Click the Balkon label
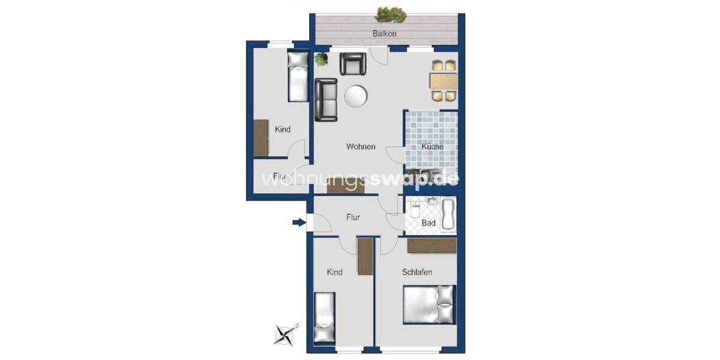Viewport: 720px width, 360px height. (x=384, y=34)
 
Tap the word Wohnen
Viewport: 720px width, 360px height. (x=361, y=146)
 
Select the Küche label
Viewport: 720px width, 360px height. (x=432, y=146)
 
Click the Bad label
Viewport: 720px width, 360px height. (x=428, y=223)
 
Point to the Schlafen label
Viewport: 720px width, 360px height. (x=417, y=272)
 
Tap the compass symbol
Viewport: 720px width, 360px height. (x=286, y=334)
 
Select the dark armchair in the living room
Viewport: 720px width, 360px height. (x=353, y=64)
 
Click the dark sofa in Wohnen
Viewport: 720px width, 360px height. (x=326, y=99)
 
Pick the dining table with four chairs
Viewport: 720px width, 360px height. (x=443, y=80)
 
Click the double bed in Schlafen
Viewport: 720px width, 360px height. (x=428, y=305)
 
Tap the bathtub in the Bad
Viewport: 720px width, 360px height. (x=449, y=215)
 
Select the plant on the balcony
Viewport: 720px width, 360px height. (x=391, y=13)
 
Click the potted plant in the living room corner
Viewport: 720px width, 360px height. (x=322, y=59)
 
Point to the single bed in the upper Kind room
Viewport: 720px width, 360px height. (x=297, y=76)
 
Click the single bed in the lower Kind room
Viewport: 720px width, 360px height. (x=325, y=318)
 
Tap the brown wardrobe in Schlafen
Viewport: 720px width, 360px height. (x=431, y=245)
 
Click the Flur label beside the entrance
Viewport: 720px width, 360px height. (x=353, y=217)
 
